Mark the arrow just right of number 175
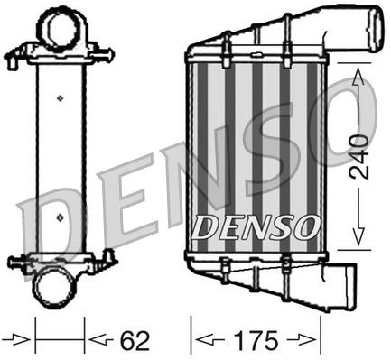307,341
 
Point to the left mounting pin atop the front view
224,41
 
